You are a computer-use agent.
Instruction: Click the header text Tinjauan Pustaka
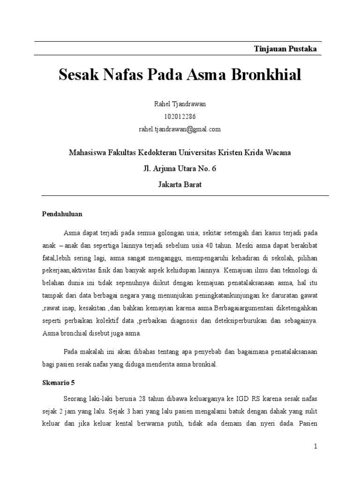(285, 49)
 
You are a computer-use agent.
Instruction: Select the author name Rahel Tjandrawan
(180, 104)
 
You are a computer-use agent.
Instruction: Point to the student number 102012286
(180, 117)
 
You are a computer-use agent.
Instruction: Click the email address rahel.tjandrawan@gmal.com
(180, 129)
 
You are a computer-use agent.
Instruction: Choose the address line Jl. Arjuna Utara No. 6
(180, 169)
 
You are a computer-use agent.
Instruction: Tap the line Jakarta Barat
(180, 184)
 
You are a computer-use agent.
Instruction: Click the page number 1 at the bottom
(316, 447)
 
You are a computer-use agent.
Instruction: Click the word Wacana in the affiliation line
(277, 153)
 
